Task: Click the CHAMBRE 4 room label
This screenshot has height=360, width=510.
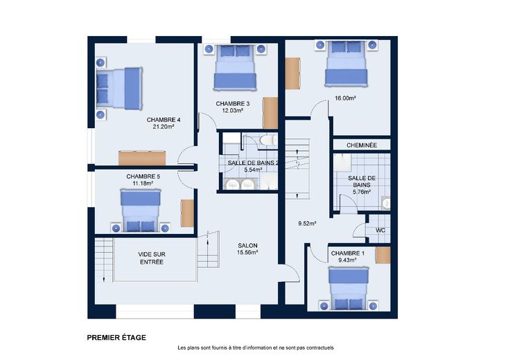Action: [x=164, y=120]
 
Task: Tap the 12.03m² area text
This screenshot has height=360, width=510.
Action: [x=233, y=111]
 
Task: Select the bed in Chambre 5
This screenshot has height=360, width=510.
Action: [x=141, y=210]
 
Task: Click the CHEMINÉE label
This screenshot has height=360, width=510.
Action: [x=362, y=145]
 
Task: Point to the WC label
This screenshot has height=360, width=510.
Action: [x=380, y=231]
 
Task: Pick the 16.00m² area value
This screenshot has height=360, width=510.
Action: [x=345, y=98]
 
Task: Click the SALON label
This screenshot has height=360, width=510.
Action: [x=247, y=246]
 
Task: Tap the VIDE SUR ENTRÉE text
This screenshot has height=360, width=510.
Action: [x=152, y=258]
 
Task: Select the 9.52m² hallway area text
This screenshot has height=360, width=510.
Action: [x=308, y=224]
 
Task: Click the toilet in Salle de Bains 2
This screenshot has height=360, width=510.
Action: [x=267, y=140]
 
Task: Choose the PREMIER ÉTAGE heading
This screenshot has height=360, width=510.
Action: [x=116, y=338]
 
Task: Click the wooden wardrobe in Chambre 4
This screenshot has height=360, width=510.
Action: [x=142, y=158]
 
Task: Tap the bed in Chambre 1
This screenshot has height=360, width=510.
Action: [x=349, y=288]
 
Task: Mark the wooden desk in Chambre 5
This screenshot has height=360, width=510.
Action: [x=187, y=213]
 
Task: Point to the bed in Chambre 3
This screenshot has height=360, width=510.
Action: [x=235, y=67]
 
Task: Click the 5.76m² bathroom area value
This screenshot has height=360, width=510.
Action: [x=362, y=192]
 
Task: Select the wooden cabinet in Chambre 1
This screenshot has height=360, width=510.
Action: [x=382, y=255]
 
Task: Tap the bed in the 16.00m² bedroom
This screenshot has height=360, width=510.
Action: [x=346, y=64]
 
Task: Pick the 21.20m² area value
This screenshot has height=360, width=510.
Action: [x=164, y=127]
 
